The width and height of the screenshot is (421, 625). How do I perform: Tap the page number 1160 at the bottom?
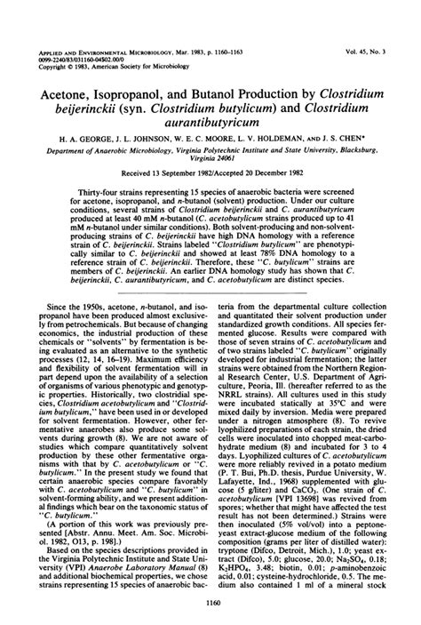[210, 604]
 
